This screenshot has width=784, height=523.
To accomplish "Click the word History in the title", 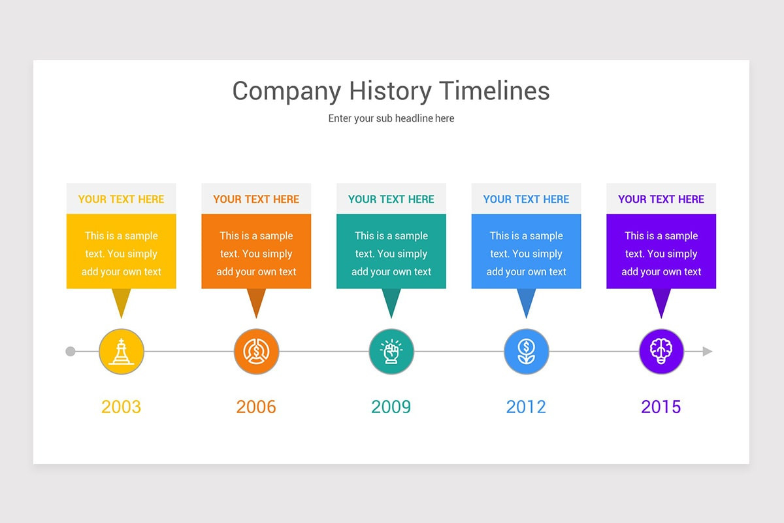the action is click(390, 92).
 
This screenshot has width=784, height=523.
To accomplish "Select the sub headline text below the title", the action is click(391, 118).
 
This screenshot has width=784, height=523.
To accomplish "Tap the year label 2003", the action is click(121, 407).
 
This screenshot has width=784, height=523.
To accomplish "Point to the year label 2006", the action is click(256, 407).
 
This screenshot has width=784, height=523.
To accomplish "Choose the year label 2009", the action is click(391, 407).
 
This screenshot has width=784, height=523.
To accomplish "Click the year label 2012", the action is click(526, 407).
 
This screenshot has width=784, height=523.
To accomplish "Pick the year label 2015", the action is click(661, 407).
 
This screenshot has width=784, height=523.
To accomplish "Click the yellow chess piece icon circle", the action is click(122, 351).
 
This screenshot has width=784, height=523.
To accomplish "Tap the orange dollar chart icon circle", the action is click(257, 351).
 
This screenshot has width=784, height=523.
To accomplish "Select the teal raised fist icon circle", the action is click(391, 351).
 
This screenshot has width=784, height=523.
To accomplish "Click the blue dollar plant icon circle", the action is click(527, 351).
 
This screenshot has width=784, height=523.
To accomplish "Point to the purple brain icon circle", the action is click(661, 351).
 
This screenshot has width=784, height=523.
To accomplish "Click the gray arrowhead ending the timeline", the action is click(708, 351).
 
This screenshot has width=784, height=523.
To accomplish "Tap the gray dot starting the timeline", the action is click(71, 351).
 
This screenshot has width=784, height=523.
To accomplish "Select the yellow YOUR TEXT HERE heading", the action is click(121, 199).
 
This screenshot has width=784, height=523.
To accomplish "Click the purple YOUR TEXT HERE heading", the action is click(661, 199).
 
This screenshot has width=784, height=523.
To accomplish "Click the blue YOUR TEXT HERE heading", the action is click(526, 199).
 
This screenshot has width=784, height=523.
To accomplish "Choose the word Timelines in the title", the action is click(494, 91).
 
